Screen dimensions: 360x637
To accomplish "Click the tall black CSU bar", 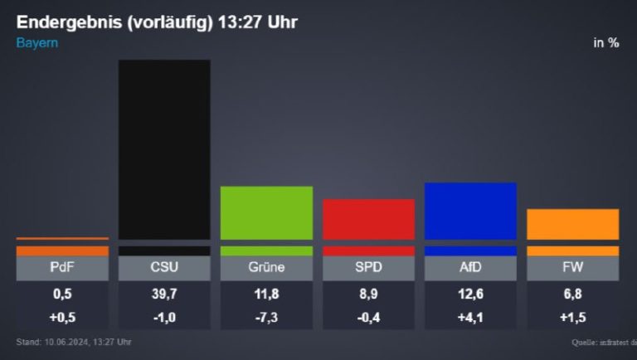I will tap(164, 149).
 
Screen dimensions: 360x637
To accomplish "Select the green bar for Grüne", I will tap(266, 212).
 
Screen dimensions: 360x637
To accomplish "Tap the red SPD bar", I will tap(368, 219).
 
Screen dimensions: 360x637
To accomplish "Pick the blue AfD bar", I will tap(470, 211).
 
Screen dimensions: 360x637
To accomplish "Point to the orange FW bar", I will tap(573, 224).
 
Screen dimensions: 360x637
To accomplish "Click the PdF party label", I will tap(62, 268).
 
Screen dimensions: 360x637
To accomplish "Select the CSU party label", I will tap(164, 268).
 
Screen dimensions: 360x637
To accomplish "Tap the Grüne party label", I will tap(266, 268).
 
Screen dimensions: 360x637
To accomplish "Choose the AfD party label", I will tap(470, 268).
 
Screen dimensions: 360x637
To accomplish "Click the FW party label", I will tap(573, 268).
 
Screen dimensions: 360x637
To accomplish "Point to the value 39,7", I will tap(164, 293).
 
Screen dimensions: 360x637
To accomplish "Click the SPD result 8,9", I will tap(368, 293).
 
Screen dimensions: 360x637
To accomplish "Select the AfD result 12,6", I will tap(470, 293).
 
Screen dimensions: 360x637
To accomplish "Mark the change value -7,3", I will tap(266, 317).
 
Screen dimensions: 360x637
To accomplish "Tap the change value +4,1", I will tap(470, 317).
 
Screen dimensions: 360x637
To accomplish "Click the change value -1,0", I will tap(164, 317).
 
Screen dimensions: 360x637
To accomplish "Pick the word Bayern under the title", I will tap(37, 42).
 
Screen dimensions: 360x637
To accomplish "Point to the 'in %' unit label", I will tap(606, 43).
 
